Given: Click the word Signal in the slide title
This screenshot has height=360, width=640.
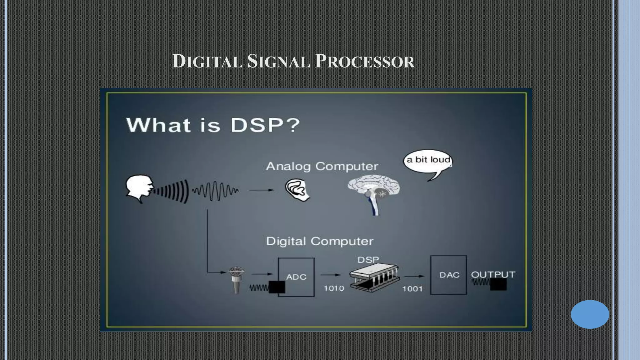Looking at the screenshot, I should tap(278, 61).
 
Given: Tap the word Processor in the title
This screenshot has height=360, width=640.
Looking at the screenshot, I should tap(365, 61).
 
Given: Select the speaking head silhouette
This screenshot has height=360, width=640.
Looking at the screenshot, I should tap(139, 188).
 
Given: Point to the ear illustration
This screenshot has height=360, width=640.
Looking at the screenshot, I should tap(297, 189).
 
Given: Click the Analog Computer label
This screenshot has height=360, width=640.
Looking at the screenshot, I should tap(322, 166).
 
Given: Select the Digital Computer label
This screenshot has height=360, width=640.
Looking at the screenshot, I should tap(320, 241).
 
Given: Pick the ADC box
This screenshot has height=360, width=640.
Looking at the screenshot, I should tap(296, 277).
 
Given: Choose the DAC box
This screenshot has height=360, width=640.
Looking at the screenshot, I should tap(449, 275).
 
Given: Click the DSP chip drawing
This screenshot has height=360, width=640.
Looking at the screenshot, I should tap(374, 277).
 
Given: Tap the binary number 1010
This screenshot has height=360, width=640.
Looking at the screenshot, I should tap(334, 288).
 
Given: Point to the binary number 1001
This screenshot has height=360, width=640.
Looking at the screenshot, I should tap(412, 289).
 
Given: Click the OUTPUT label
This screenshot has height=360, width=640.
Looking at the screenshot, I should tap(493, 274).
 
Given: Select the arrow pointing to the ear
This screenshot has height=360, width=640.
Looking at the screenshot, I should tap(261, 190).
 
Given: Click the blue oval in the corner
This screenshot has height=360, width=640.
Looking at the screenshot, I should tap(590, 314).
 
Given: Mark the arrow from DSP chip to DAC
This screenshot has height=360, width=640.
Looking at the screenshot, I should tap(414, 276).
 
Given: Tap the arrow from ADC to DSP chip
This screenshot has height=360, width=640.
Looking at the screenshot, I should tap(330, 275).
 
